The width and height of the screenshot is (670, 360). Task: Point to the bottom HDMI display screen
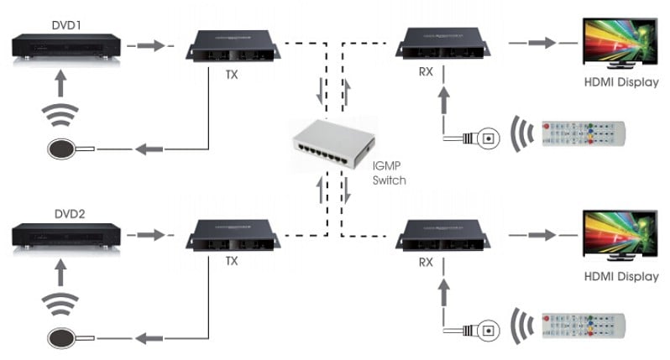tap(620, 233)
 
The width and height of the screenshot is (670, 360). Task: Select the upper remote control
tap(584, 133)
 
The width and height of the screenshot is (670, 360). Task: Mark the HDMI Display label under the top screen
tap(620, 82)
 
